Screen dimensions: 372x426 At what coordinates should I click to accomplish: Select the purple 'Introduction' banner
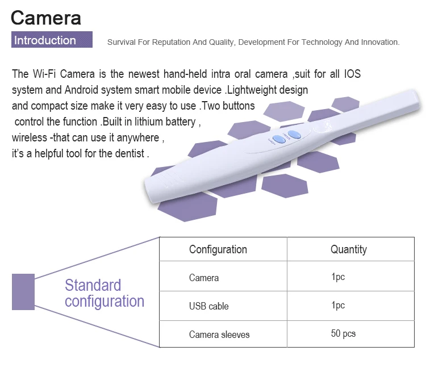[x=52, y=40]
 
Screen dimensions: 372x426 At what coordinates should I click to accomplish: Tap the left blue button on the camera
[x=278, y=140]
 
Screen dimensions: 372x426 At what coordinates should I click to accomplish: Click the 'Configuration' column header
[x=218, y=249]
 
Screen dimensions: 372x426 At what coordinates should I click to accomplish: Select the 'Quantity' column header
[x=349, y=249]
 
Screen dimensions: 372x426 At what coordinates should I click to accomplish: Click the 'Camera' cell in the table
[x=204, y=278]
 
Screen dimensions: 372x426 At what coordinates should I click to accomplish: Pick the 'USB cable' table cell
[x=209, y=306]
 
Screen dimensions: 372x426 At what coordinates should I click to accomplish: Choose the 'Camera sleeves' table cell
[x=219, y=335]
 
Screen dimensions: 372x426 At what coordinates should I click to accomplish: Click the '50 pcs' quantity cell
[x=343, y=333]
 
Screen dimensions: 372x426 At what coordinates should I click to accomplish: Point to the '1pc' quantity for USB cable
[x=338, y=305]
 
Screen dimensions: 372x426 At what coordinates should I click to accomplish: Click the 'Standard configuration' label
[x=104, y=293]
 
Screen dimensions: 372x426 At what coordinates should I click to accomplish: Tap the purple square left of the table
[x=23, y=292]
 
